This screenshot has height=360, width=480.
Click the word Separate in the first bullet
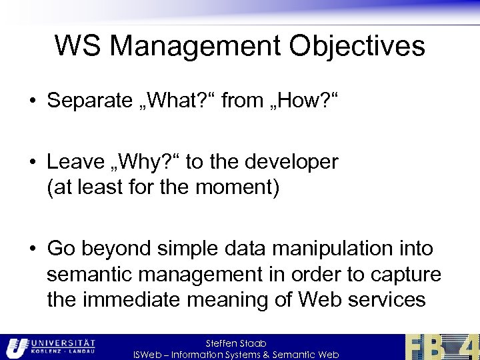tap(90, 102)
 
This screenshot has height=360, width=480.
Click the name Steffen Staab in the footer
tap(236, 343)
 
